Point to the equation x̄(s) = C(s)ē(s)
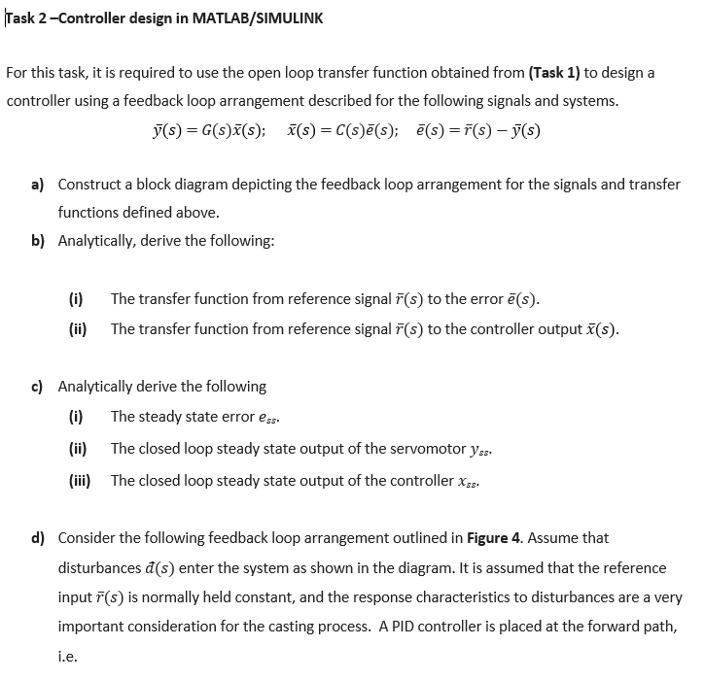pyautogui.click(x=337, y=129)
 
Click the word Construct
pyautogui.click(x=89, y=184)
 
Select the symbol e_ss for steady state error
pyautogui.click(x=273, y=418)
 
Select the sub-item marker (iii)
pyautogui.click(x=79, y=480)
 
